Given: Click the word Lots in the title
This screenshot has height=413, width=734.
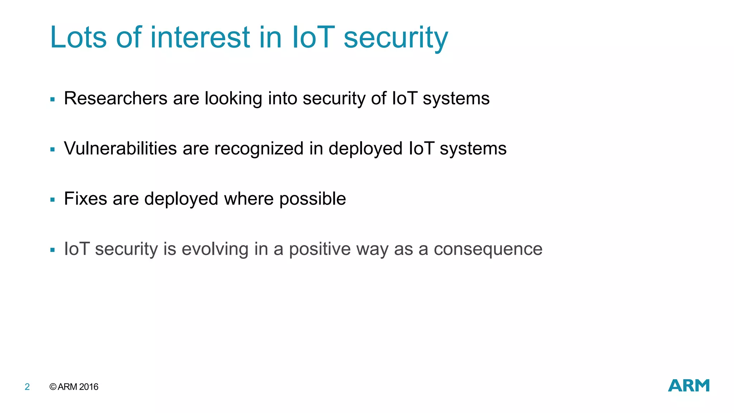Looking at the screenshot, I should (x=78, y=37).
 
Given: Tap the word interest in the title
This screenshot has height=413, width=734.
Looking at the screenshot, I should (x=200, y=37).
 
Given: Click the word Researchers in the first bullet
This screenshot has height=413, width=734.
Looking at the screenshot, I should (x=115, y=98).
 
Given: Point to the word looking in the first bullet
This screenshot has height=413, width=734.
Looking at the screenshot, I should (x=233, y=99).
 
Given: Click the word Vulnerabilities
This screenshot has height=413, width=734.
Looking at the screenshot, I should (x=120, y=148).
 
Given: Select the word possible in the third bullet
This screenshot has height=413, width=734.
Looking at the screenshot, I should (x=313, y=199).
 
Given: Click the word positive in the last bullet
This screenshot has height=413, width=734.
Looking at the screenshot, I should (x=320, y=250).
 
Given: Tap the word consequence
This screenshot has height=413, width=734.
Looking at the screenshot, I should (x=488, y=250).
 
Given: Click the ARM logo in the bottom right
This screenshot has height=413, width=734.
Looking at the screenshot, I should (x=688, y=386).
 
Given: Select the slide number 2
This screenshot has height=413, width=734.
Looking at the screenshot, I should (x=27, y=387).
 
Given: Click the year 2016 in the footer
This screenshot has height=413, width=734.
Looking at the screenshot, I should (x=89, y=387).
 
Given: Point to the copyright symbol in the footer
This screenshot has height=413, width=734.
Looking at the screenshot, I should (x=53, y=387).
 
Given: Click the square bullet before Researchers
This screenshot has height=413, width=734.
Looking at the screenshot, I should (x=53, y=99).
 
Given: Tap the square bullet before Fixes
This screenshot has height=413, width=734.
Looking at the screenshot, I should (x=53, y=200).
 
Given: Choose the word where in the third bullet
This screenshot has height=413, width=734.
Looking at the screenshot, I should (x=249, y=199).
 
